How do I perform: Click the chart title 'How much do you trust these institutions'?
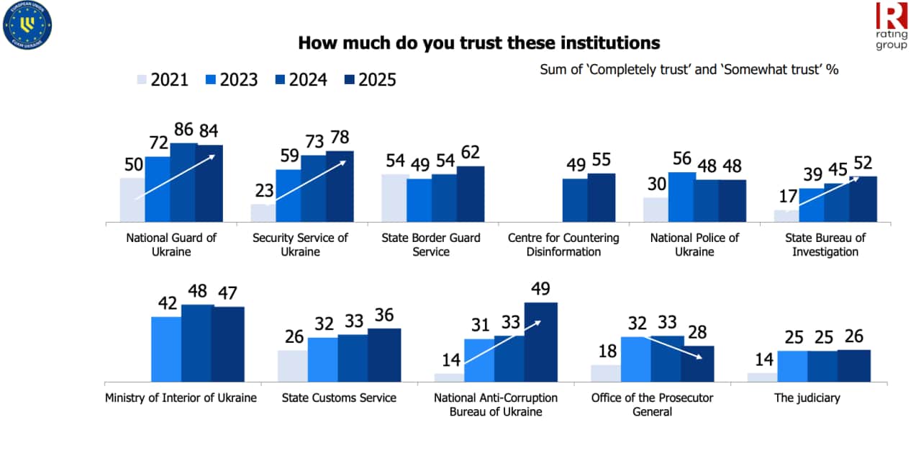point(478,43)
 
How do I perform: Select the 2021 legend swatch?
point(141,79)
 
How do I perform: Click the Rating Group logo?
point(891,26)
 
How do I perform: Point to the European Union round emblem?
point(27,27)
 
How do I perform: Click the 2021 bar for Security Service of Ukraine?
point(263,212)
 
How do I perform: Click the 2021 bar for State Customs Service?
point(292,366)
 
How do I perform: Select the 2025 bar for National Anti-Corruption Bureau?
point(540,341)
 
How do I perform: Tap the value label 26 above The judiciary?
point(853,336)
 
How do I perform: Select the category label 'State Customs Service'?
point(339,398)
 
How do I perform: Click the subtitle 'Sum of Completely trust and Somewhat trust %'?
point(689,70)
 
